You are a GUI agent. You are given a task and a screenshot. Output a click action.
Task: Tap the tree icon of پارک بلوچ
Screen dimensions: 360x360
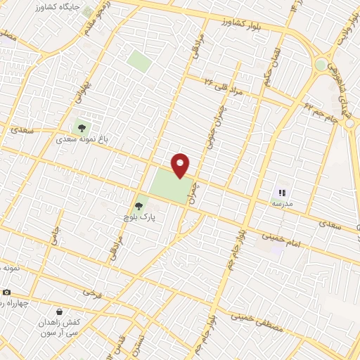pos(139,207)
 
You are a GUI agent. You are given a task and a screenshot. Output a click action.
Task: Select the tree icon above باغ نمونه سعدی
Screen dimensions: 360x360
pos(82,129)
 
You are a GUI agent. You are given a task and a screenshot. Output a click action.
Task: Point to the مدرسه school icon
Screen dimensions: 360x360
pos(282,192)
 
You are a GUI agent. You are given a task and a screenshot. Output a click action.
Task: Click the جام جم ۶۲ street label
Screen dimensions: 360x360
pos(321,110)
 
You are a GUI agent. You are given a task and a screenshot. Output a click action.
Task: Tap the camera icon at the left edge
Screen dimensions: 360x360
pos(6,292)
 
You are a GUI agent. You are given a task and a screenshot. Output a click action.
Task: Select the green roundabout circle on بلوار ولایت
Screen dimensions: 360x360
pos(321,64)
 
